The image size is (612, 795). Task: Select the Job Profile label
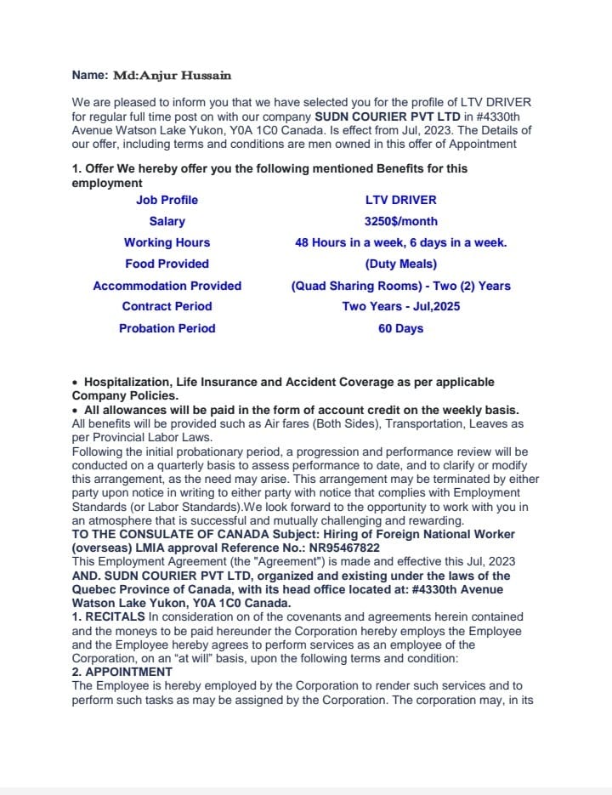[167, 200]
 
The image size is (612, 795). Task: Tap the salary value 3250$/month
[400, 221]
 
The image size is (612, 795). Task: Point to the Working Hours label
[167, 242]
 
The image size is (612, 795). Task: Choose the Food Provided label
[167, 264]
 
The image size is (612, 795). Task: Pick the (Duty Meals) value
[400, 264]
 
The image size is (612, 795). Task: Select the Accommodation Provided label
[167, 286]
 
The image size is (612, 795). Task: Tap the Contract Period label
[167, 306]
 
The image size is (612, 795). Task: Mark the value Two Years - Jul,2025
[400, 306]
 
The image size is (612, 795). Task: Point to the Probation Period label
[167, 328]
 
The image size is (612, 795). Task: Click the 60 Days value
[400, 328]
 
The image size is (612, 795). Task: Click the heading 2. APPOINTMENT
[122, 672]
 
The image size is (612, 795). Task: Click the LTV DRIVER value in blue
[400, 200]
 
